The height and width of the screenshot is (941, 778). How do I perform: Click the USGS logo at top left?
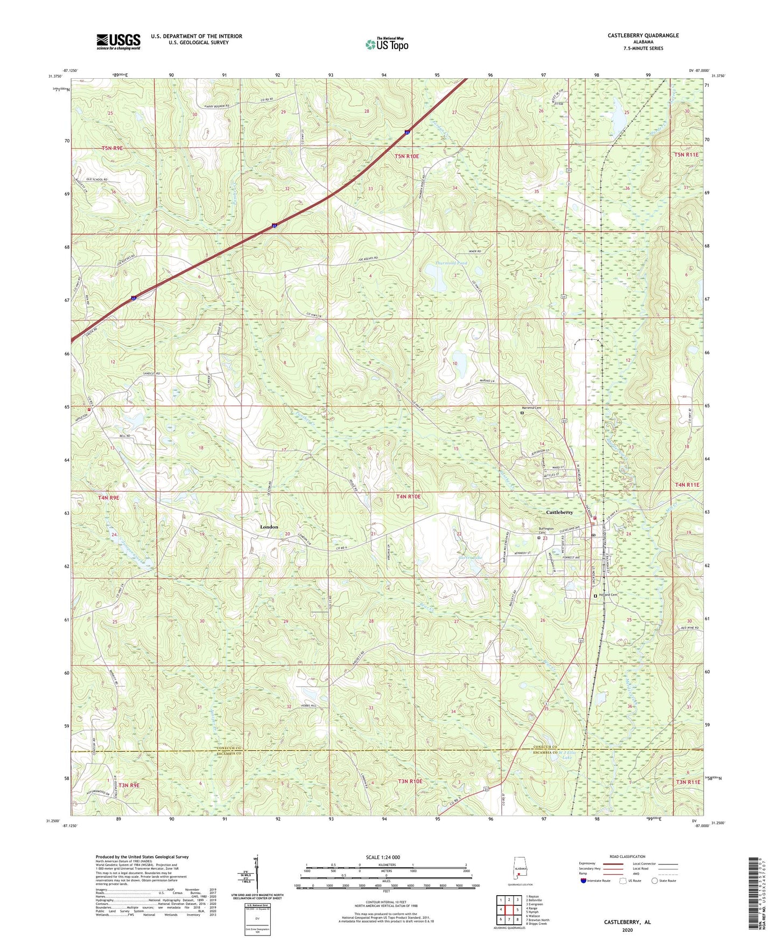pyautogui.click(x=118, y=41)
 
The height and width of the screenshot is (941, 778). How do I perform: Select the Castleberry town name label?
pyautogui.click(x=559, y=512)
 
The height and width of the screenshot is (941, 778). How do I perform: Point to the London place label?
pyautogui.click(x=269, y=527)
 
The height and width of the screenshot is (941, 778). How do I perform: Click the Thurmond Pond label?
pyautogui.click(x=451, y=264)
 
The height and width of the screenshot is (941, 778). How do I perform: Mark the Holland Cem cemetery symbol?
pyautogui.click(x=595, y=596)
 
